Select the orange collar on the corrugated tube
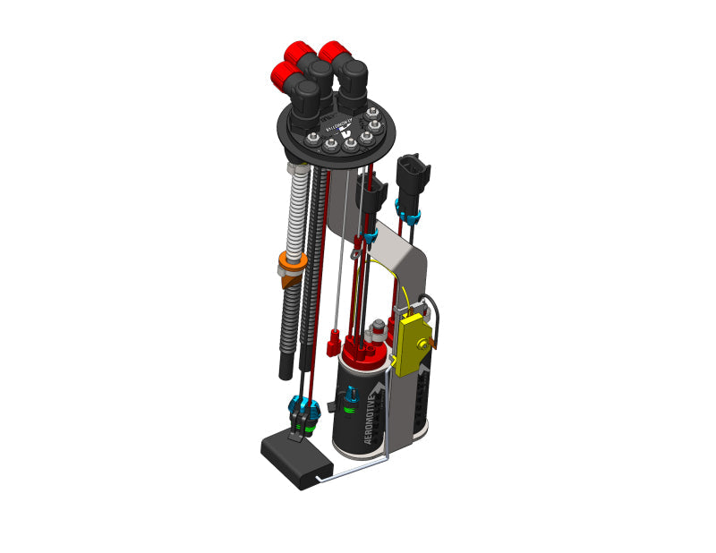pos(291,264)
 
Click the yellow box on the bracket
pos(413,345)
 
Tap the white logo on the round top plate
pos(345,125)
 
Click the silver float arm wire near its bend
pos(387,458)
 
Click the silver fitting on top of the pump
pos(379,327)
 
